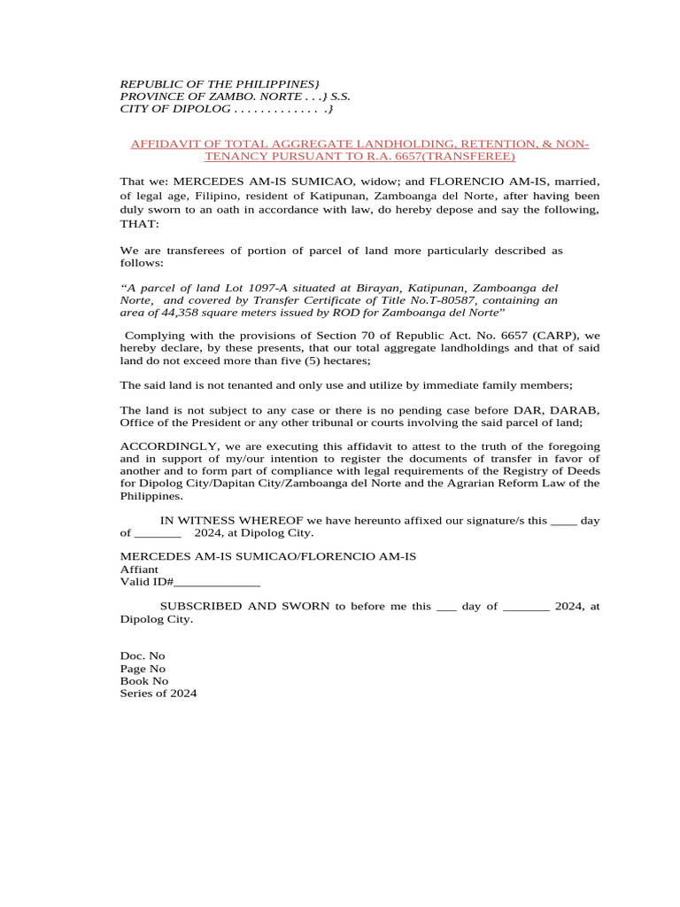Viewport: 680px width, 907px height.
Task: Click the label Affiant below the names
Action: [139, 570]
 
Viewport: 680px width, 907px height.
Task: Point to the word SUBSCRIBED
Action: [208, 607]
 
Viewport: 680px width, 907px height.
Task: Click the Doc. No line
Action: [143, 656]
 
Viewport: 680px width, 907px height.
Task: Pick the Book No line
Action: [144, 681]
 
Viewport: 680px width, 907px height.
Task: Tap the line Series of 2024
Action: [158, 694]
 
